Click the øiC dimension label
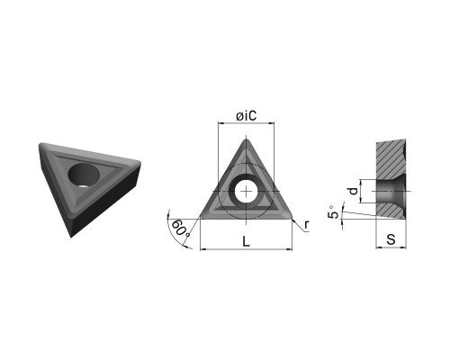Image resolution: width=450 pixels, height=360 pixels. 247,116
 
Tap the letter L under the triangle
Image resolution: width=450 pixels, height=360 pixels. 246,241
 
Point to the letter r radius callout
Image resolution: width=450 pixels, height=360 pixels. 306,225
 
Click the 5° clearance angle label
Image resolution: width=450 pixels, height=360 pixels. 333,212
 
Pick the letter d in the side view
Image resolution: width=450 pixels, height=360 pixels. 354,191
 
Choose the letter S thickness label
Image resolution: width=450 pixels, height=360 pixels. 391,239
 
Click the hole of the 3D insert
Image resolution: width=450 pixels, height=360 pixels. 84,175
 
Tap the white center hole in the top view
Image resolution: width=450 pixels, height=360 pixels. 246,192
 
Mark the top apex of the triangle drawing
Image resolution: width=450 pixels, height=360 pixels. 247,139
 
